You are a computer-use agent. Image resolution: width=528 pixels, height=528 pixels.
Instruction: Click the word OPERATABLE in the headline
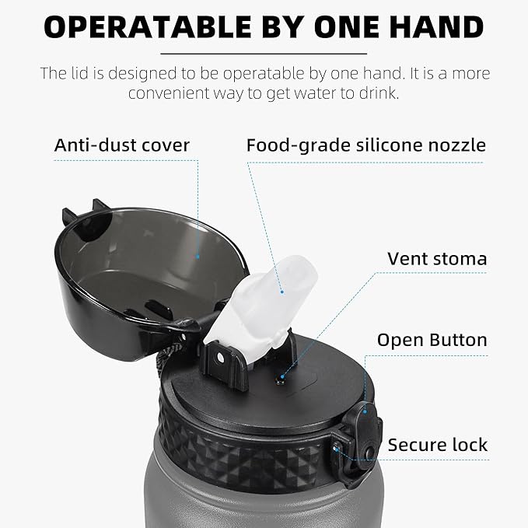point(148,27)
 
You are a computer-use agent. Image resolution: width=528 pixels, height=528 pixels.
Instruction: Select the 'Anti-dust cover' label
point(122,145)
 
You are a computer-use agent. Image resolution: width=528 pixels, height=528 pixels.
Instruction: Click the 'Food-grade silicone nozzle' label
point(366,146)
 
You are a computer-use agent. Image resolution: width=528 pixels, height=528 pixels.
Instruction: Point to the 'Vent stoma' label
point(437,259)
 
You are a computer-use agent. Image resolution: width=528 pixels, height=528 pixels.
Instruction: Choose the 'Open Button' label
point(432,340)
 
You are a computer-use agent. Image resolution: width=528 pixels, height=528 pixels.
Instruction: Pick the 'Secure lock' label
point(438,445)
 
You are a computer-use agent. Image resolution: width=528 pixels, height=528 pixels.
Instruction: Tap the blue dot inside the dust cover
point(198,257)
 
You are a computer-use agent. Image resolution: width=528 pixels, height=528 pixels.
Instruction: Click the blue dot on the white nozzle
point(282,292)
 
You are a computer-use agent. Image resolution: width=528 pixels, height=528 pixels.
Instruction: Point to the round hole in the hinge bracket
point(221,358)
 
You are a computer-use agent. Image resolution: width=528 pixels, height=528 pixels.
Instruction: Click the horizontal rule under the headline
point(264,54)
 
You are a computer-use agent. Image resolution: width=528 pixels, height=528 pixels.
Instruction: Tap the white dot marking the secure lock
point(335,449)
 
